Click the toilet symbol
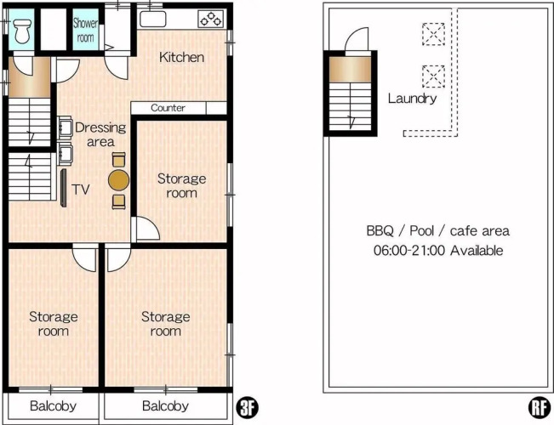pos(22,31)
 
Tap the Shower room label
pos(85,31)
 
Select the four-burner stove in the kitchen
pos(211,19)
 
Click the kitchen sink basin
pos(152,19)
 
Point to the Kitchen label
pos(181,57)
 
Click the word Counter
pos(168,108)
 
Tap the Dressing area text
pos(100,134)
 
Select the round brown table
pos(119,180)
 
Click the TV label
pos(81,190)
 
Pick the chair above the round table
pos(119,159)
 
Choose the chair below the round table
pos(119,201)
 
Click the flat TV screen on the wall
pos(64,188)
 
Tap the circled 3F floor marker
pos(248,408)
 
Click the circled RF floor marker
pos(540,408)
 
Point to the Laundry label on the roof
pos(413,98)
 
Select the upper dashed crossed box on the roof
pos(433,34)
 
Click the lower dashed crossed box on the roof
pos(433,76)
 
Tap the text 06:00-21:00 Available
pos(438,251)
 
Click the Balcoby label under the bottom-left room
pos(53,406)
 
